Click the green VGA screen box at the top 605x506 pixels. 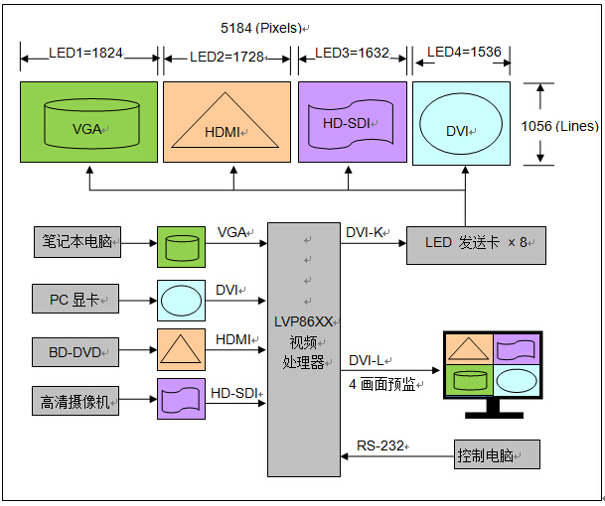click(x=88, y=122)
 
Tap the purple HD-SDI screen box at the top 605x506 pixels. click(x=352, y=122)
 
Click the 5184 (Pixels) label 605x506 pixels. click(x=261, y=28)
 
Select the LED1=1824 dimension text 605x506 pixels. click(x=87, y=53)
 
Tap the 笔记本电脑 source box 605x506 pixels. click(x=76, y=242)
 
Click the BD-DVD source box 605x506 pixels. click(x=76, y=349)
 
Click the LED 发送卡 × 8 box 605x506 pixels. click(x=476, y=244)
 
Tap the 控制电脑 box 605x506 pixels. click(x=497, y=453)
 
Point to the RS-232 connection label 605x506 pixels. click(x=380, y=445)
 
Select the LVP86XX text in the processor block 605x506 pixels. click(x=302, y=319)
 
